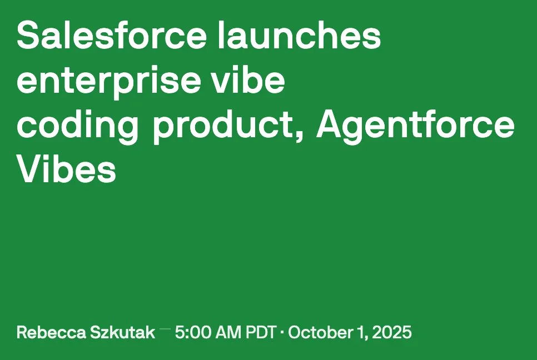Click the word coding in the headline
pos(78,127)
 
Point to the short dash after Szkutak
pos(165,329)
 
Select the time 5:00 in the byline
pos(191,333)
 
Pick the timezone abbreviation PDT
pos(261,333)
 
